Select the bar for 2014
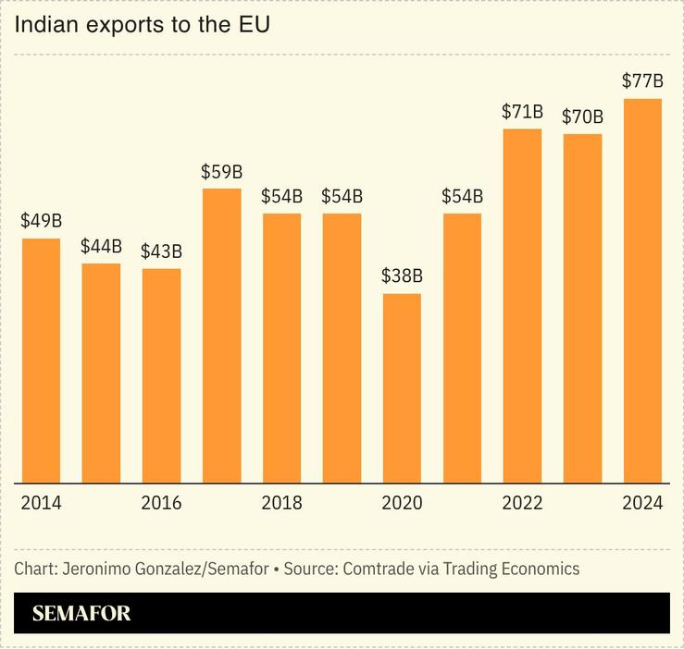41,361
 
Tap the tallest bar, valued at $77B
642,290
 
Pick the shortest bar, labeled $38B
402,388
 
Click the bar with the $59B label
221,336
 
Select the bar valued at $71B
522,306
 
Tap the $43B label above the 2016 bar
161,251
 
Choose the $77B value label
642,81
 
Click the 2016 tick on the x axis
161,503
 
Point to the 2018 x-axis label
281,503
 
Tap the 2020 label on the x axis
402,503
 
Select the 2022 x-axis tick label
522,503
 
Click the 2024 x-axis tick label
642,503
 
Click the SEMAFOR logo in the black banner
81,613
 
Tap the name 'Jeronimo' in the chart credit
94,569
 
